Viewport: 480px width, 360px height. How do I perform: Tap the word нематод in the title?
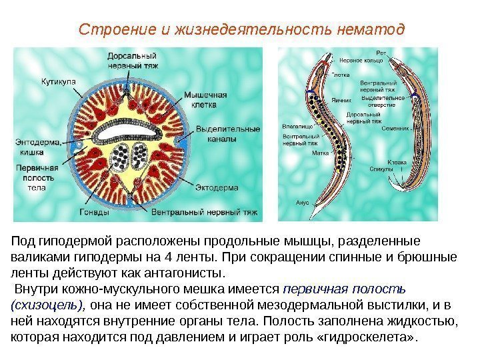(x=371, y=30)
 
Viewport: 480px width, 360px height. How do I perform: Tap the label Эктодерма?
(x=216, y=189)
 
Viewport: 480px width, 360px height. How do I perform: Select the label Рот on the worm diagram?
(x=381, y=51)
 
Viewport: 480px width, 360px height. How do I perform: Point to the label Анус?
(x=303, y=201)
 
